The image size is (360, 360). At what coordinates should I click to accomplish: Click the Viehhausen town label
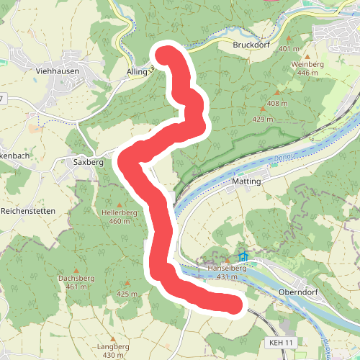[56, 71]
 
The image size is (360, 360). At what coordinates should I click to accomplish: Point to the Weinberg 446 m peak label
[308, 69]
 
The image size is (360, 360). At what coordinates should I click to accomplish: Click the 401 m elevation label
[287, 49]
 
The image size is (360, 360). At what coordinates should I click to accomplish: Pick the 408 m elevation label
[276, 104]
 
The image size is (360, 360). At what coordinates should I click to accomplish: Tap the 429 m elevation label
[264, 119]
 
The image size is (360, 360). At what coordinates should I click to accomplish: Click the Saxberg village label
[89, 163]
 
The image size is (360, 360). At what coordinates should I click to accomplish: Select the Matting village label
[246, 182]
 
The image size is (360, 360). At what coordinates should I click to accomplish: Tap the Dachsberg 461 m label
[76, 282]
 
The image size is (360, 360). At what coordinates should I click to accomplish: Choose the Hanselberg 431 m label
[227, 272]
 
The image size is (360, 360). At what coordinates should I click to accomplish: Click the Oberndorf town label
[297, 292]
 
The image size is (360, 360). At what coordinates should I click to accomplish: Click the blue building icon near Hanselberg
[243, 257]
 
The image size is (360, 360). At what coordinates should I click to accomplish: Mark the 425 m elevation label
[127, 294]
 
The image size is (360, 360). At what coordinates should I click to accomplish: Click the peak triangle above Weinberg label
[307, 55]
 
